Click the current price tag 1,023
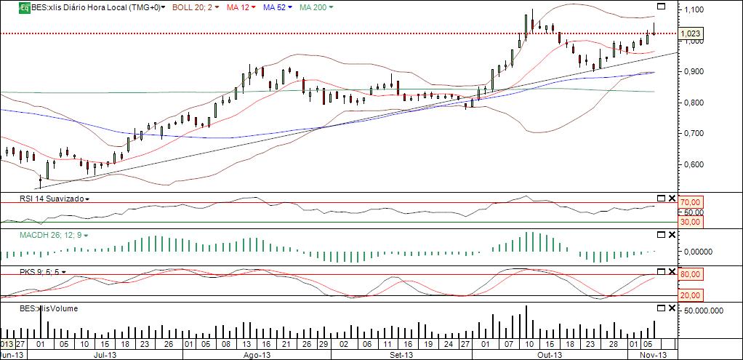pos(691,33)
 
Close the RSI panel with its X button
pos(672,199)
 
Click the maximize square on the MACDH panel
pos(661,234)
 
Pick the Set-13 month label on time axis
pos(398,355)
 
